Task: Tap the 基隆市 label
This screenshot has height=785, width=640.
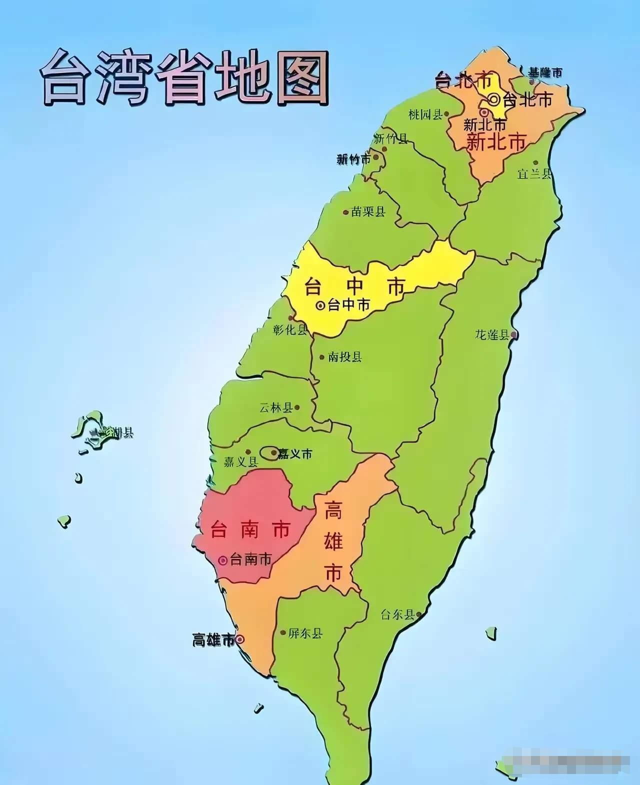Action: pos(545,72)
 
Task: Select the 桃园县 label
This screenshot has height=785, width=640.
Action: pos(425,115)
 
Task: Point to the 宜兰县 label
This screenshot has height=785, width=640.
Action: pos(534,173)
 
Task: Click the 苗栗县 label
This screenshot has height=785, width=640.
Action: pos(368,211)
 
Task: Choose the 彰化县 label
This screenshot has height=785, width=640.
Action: pos(290,329)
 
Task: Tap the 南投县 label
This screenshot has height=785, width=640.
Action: pos(345,357)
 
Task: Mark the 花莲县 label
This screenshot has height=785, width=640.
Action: pos(492,335)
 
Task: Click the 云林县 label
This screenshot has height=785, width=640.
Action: pos(276,408)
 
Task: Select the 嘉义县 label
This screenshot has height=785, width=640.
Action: pos(241,461)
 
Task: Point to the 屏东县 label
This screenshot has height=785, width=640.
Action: pos(305,633)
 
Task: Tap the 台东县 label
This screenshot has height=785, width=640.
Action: pos(397,614)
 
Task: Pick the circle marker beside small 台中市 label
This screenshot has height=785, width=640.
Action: pos(320,305)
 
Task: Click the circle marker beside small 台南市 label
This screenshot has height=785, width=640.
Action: pos(223,560)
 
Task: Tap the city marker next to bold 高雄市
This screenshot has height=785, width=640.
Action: pos(240,639)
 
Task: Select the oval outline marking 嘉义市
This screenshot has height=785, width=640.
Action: pos(272,453)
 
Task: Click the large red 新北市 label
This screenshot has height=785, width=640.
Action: pos(496,142)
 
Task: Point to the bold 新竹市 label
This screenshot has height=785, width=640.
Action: pos(353,159)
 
